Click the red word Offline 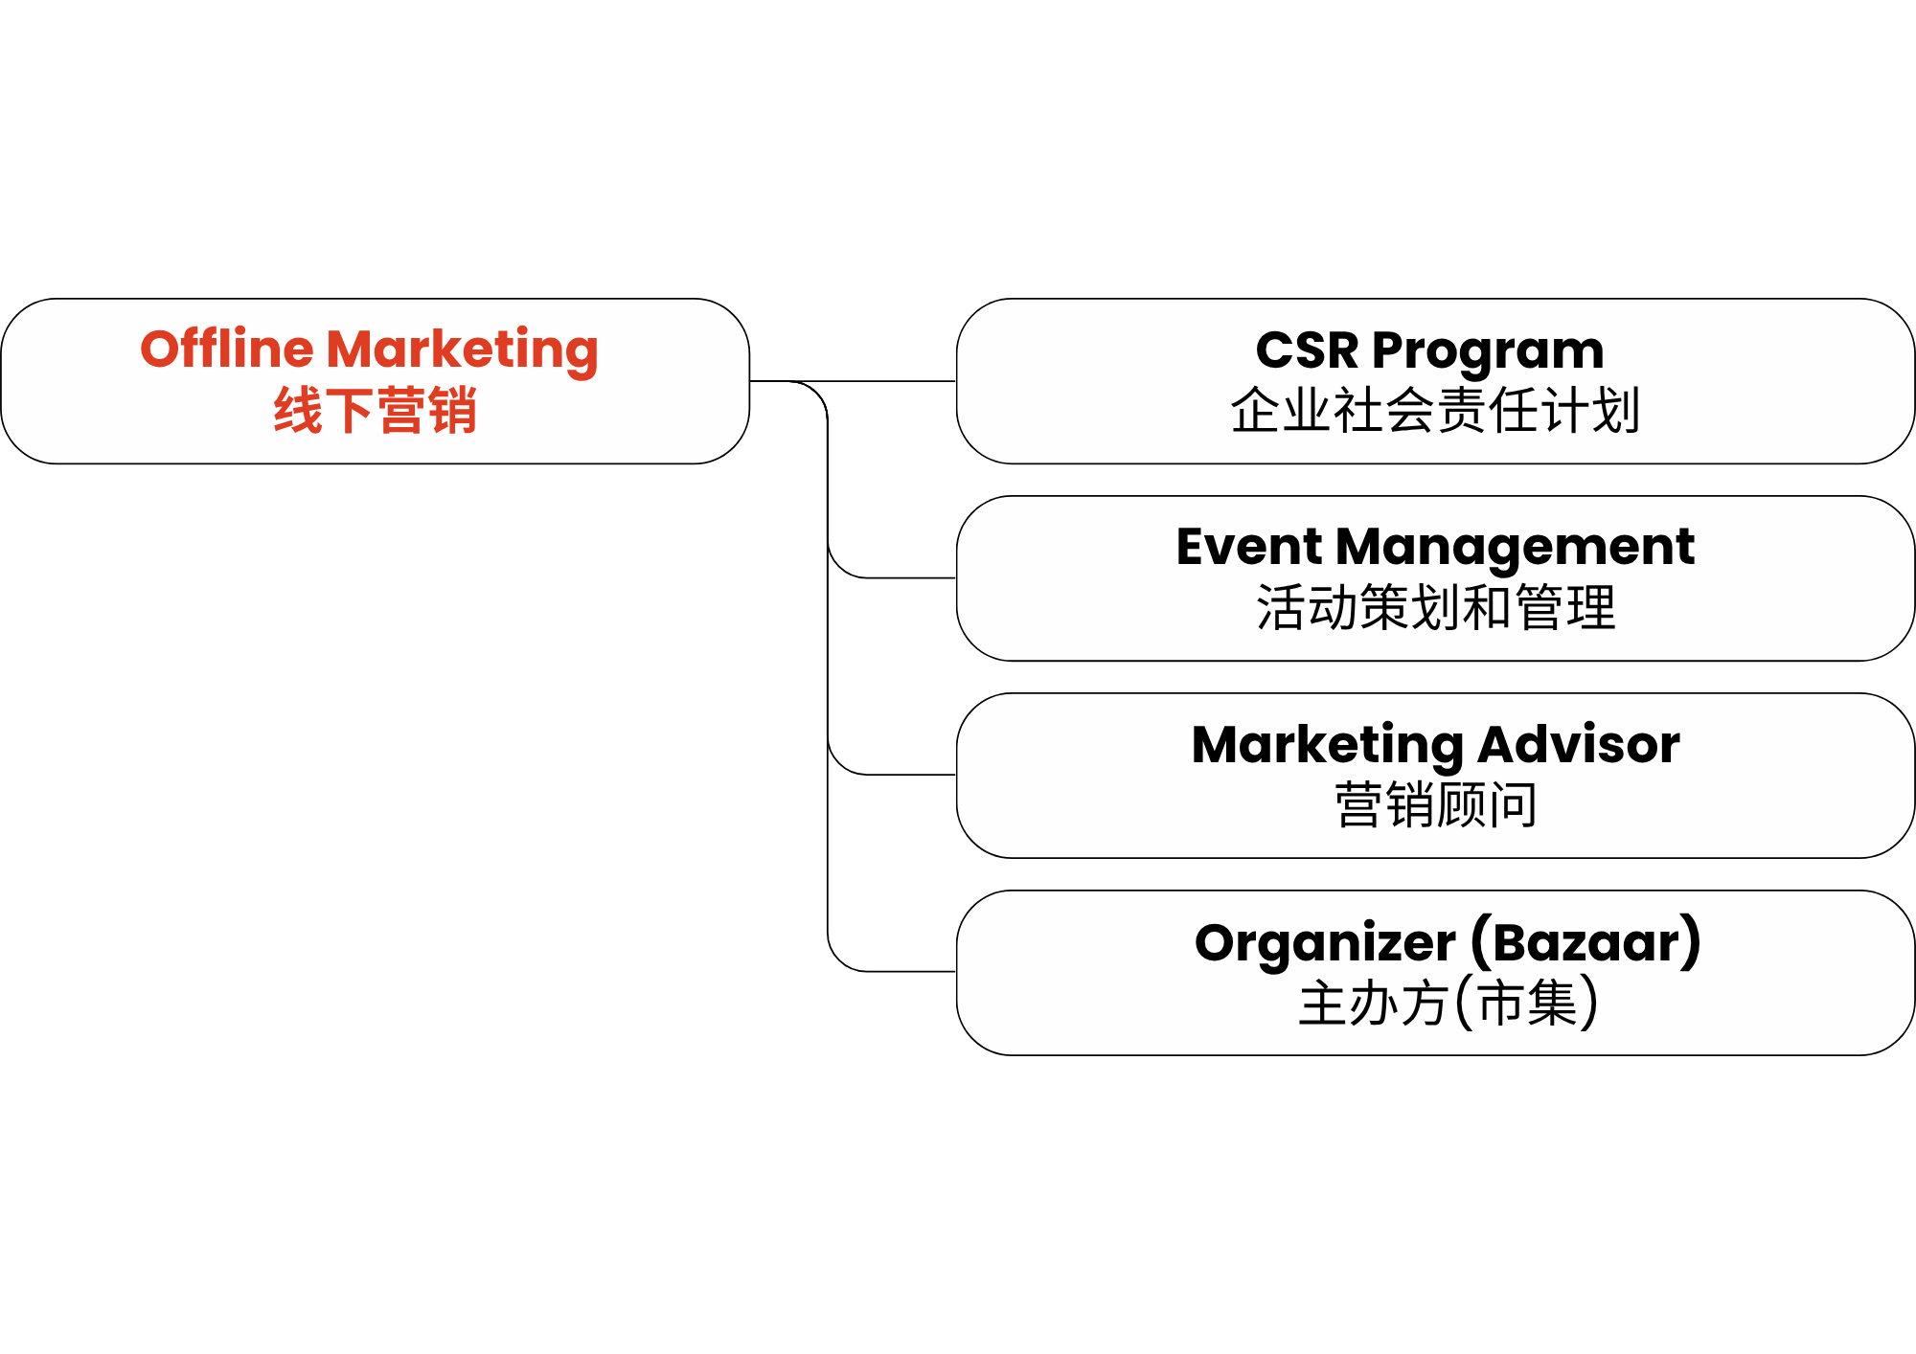[227, 349]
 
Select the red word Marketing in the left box [463, 352]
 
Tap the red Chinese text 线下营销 [375, 411]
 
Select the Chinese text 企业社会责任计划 [1435, 411]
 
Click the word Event [1248, 547]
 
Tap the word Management [1515, 550]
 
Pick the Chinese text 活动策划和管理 [1436, 608]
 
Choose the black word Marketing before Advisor [1328, 747]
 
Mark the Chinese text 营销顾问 [1436, 804]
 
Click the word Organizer [1325, 944]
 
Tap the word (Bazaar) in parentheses [1585, 942]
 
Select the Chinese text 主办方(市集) [1448, 1003]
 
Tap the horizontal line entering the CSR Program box [853, 381]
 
